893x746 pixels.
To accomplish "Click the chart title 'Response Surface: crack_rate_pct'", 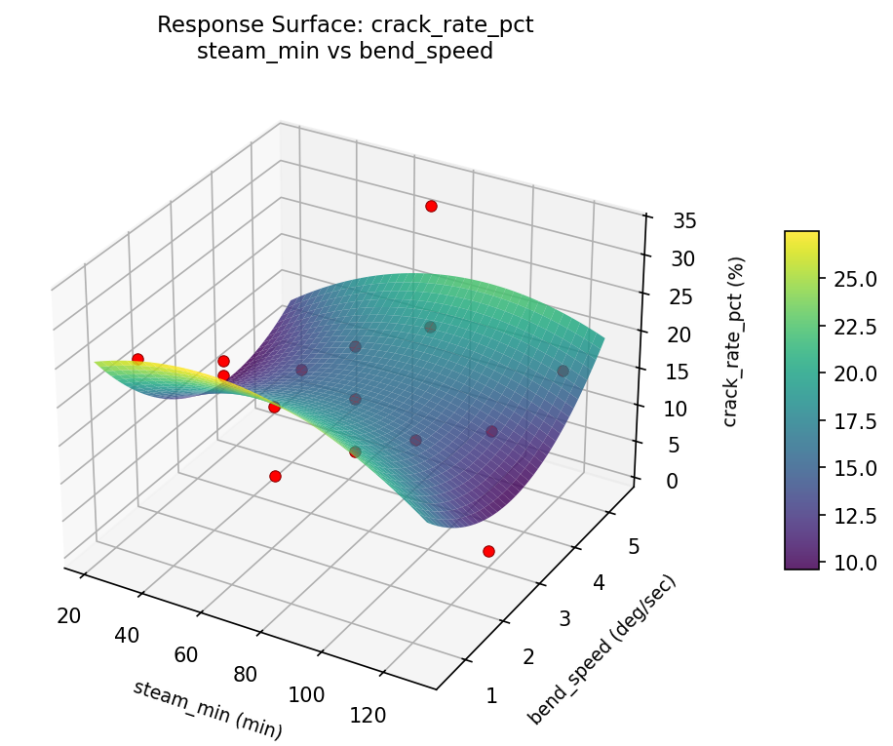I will click(345, 26).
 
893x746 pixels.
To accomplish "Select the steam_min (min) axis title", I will click(207, 709).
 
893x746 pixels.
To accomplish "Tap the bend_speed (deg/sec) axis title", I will click(602, 649).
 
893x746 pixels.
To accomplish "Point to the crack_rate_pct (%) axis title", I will click(738, 341).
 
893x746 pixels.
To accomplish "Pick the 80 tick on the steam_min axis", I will click(246, 674).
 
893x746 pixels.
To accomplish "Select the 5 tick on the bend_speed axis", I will click(634, 547).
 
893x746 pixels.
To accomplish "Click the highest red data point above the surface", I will click(431, 206).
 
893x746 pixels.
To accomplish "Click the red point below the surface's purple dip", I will click(488, 551).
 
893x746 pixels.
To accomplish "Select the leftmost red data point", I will click(137, 359).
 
